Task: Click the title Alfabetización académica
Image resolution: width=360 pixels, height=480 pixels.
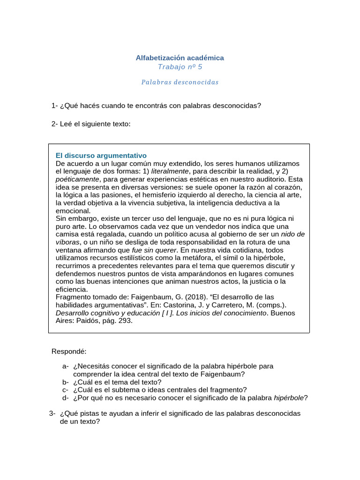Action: [x=180, y=58]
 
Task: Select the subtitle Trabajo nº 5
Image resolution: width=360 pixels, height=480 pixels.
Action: [x=180, y=67]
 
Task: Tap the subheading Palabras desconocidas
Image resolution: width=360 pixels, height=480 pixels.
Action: [x=180, y=82]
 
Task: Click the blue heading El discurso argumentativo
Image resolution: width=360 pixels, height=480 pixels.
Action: [x=101, y=155]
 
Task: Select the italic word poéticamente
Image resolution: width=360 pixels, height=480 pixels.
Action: [x=77, y=179]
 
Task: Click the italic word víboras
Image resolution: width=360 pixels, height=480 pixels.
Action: [x=67, y=242]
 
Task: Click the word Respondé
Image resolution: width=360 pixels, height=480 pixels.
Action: [x=69, y=352]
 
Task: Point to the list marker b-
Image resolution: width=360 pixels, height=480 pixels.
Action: [x=65, y=382]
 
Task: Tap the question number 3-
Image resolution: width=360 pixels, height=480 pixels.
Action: [x=52, y=413]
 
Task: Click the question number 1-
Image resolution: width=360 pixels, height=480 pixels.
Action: [x=54, y=105]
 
